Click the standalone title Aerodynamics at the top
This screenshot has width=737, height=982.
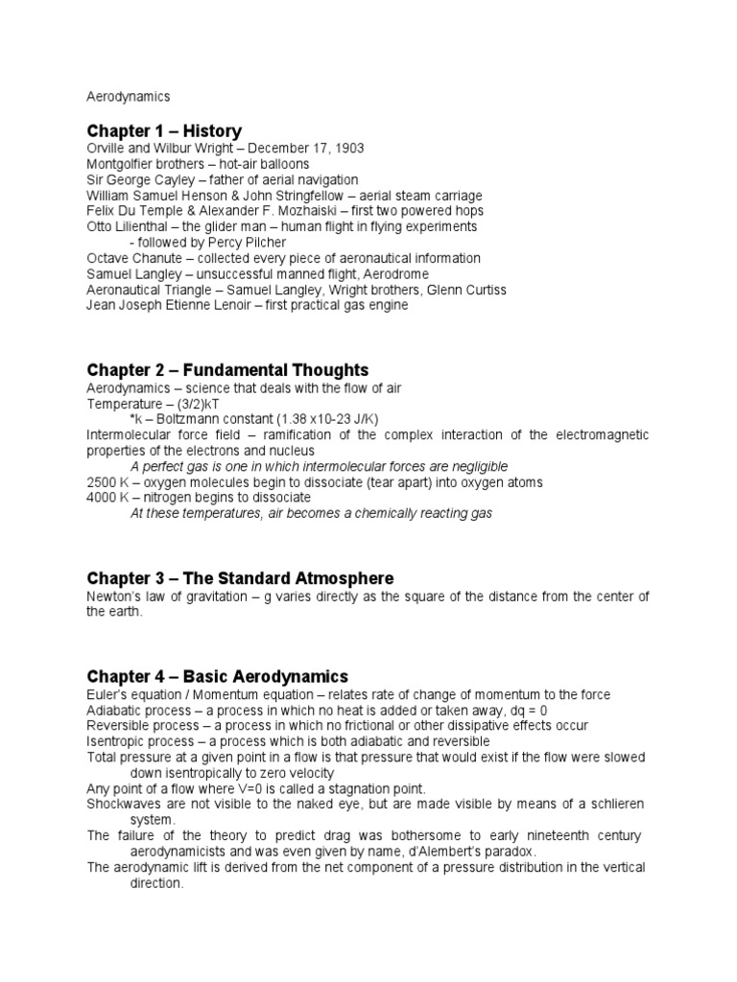click(128, 97)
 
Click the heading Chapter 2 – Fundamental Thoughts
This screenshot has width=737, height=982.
click(227, 370)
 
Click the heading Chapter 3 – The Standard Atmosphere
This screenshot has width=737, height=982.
click(240, 578)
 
